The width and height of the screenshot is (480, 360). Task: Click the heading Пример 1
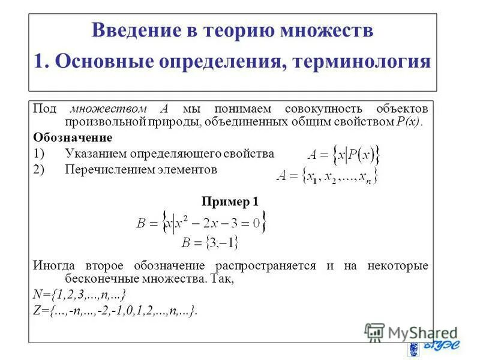point(230,202)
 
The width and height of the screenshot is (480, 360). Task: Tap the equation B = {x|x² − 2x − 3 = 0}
point(202,224)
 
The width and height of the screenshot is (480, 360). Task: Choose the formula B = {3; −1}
point(209,243)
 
